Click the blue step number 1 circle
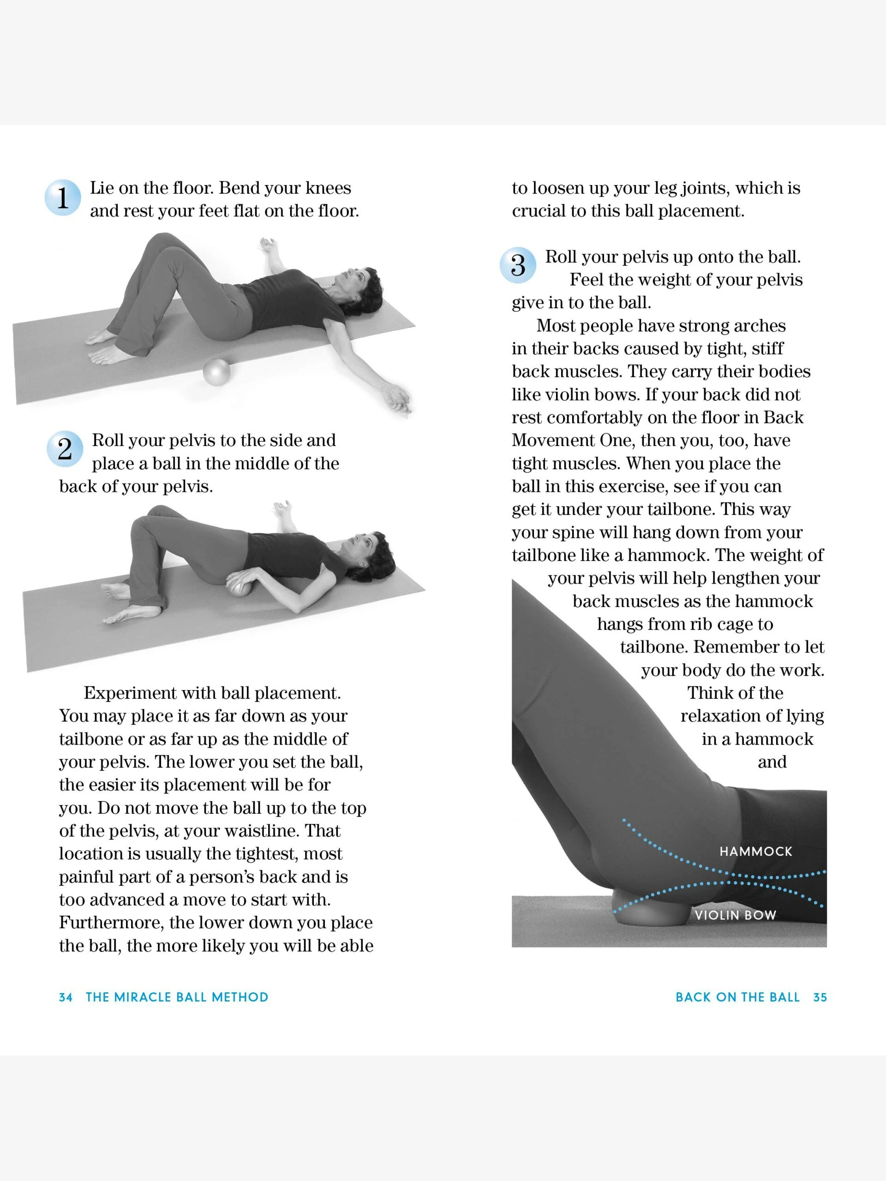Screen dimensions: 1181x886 (62, 197)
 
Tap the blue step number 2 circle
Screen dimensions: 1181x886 (65, 449)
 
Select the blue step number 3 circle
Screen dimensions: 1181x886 (517, 265)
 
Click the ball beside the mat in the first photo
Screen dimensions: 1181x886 (216, 372)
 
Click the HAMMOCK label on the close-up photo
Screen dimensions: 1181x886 (756, 851)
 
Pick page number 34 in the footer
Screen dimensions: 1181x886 (66, 997)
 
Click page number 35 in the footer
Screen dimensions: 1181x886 (820, 997)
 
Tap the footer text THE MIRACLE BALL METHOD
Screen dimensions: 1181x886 (177, 997)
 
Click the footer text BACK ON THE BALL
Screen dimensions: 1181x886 (737, 997)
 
